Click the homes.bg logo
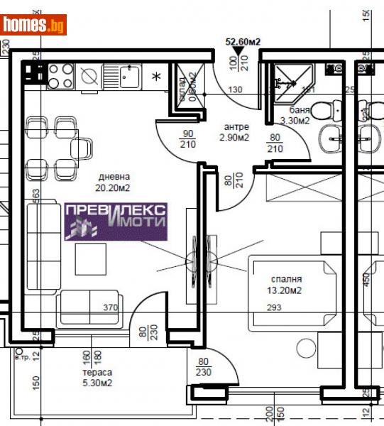click(x=33, y=25)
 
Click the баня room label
click(x=300, y=110)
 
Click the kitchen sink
click(x=129, y=75)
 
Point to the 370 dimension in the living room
click(x=109, y=308)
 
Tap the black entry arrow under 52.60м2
click(x=236, y=50)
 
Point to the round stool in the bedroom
click(x=305, y=348)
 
